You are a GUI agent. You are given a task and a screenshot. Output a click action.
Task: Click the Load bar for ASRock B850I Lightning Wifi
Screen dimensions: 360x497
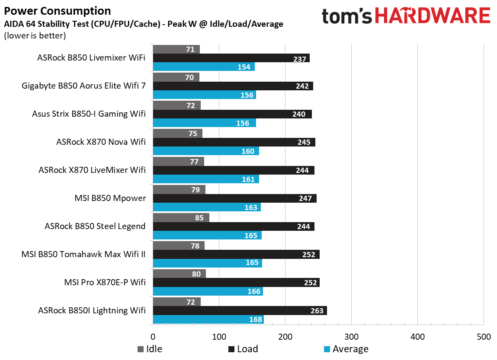pos(240,311)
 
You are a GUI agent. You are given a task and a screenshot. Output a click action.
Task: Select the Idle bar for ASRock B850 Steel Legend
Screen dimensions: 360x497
pos(181,218)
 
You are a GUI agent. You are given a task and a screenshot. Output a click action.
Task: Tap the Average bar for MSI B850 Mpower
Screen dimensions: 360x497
pos(207,207)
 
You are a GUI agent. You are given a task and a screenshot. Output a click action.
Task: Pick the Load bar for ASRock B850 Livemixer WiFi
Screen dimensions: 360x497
pos(231,58)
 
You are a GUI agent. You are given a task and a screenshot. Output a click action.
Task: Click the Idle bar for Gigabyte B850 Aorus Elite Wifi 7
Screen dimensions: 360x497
pos(176,77)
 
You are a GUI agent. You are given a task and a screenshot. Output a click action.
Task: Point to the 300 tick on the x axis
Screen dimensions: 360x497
pos(351,337)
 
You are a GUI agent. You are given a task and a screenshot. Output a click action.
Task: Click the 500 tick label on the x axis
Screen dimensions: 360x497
pos(483,337)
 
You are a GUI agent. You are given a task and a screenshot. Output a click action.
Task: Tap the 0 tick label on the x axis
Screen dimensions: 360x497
pos(153,337)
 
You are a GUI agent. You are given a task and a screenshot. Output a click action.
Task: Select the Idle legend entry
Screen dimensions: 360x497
pos(150,349)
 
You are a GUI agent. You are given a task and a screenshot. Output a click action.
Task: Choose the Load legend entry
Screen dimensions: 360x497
pos(243,349)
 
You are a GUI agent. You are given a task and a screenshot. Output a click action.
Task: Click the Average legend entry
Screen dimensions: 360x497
pos(346,349)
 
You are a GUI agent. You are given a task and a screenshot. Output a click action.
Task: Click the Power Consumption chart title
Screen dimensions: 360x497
pos(57,11)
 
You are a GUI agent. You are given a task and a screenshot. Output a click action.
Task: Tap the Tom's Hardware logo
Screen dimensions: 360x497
pos(406,16)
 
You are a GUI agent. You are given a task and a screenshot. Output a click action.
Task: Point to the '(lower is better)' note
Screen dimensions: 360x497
pos(35,35)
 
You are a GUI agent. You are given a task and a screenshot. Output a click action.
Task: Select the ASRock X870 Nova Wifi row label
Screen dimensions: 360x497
pos(101,142)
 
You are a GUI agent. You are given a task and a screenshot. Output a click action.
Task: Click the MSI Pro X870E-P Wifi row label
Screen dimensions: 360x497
pos(104,283)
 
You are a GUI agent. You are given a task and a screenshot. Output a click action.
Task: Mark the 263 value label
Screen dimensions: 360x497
pos(317,311)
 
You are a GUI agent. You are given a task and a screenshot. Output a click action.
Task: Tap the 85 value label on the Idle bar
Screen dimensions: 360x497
pos(199,218)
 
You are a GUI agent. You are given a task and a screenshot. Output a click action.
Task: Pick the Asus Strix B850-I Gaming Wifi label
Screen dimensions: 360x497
pos(89,114)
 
